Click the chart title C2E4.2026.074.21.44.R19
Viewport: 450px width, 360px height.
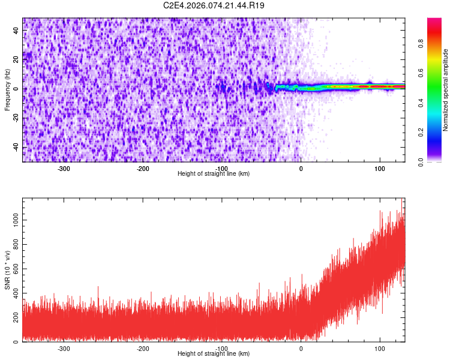click(214, 5)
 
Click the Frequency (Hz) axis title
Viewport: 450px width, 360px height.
click(7, 90)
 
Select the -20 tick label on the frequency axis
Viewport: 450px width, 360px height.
click(15, 118)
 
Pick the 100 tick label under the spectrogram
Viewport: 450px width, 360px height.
click(379, 169)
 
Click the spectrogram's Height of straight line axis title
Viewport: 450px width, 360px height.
click(214, 174)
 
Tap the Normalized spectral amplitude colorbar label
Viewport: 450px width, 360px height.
click(445, 90)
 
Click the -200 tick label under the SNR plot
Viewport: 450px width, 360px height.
click(143, 349)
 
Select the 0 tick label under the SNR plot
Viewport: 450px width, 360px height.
click(301, 349)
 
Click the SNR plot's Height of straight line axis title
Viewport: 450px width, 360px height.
click(214, 354)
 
